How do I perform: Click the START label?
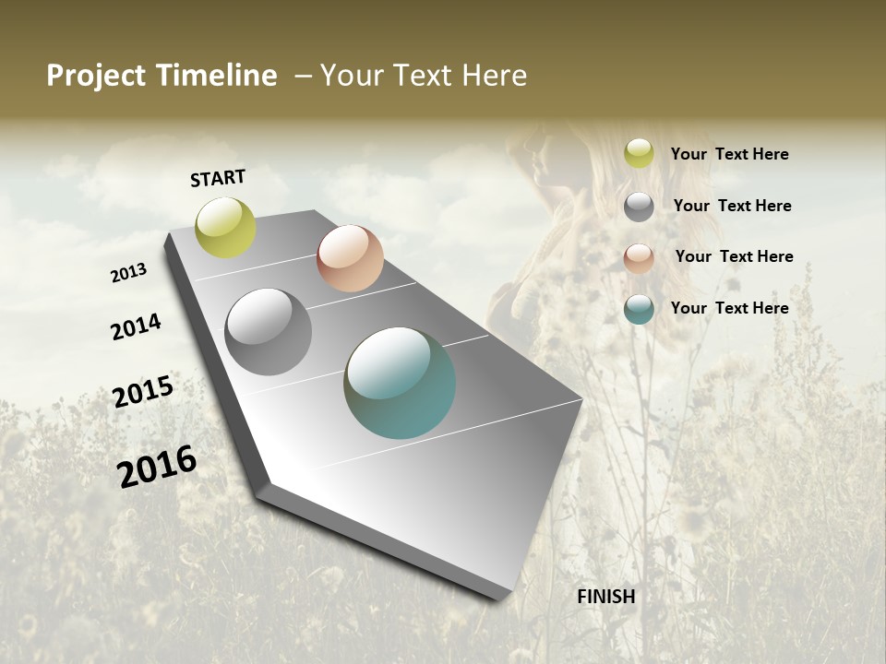tap(218, 178)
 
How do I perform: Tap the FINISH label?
tap(605, 597)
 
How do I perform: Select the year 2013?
tap(128, 273)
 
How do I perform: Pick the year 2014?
tap(136, 326)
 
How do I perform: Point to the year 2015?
tap(143, 391)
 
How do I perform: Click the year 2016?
tap(157, 467)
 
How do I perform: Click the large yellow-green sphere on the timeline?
tap(225, 227)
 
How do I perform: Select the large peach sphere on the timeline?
tap(350, 258)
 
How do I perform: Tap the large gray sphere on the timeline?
tap(269, 332)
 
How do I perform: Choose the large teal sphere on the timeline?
tap(400, 383)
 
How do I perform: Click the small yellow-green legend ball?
tap(639, 154)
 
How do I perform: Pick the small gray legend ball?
tap(639, 207)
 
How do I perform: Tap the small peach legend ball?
tap(639, 258)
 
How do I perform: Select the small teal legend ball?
tap(639, 309)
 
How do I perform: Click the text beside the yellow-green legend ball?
tap(729, 154)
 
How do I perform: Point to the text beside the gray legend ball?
tap(732, 206)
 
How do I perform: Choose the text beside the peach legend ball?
tap(734, 256)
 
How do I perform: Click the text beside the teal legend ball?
tap(729, 308)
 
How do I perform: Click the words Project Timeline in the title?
tap(162, 76)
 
